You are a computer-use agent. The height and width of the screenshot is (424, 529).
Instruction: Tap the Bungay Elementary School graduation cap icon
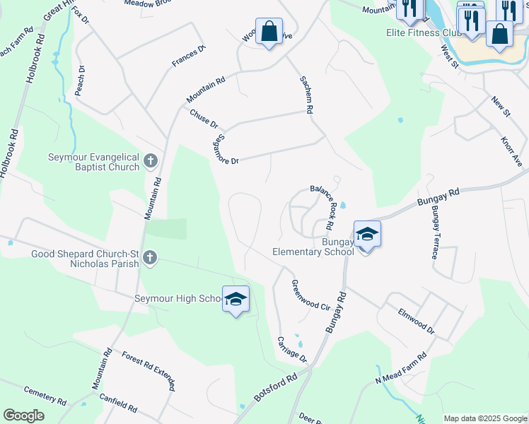pos(367,234)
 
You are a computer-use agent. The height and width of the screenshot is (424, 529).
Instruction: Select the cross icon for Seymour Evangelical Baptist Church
pos(150,161)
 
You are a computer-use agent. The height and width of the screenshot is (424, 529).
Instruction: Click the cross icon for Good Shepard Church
pos(149,258)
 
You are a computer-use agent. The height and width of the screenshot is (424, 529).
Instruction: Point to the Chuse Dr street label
pos(203,118)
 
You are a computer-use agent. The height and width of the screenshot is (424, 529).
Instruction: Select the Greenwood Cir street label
pos(311,295)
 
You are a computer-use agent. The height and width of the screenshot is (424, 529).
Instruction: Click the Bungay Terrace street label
pos(434,233)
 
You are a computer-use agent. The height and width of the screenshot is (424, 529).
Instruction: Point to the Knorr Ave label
pos(511,152)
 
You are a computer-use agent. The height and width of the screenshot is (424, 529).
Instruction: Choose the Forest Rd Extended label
pos(148,371)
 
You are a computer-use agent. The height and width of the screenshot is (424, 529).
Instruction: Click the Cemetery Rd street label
pos(45,395)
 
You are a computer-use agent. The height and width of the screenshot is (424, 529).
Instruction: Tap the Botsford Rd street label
pos(275,390)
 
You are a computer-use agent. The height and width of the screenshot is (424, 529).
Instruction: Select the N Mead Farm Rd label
pos(400,369)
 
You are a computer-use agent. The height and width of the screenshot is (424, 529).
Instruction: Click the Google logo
pos(23,416)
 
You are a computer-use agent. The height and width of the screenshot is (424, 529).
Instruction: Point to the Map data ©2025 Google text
pos(485,418)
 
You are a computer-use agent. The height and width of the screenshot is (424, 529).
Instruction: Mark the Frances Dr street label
pos(188,57)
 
